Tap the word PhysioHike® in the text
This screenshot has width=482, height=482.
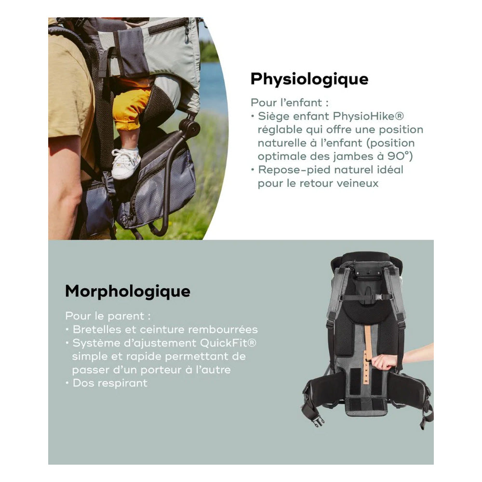368,116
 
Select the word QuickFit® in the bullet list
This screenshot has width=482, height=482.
228,343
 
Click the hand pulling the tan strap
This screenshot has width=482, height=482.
384,361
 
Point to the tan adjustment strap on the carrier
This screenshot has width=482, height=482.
368,353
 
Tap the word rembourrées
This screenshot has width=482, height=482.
223,330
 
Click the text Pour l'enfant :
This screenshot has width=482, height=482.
290,103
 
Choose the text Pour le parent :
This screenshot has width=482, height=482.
108,316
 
